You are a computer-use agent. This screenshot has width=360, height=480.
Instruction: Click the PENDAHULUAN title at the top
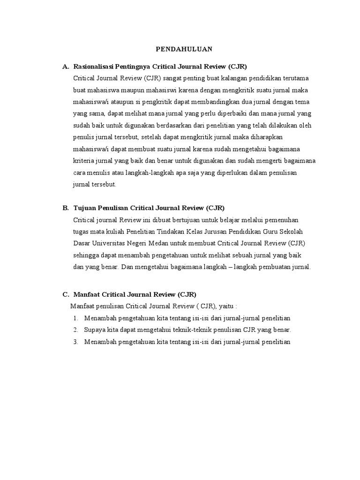click(x=184, y=48)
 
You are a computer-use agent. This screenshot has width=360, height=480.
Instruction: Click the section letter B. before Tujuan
click(x=66, y=208)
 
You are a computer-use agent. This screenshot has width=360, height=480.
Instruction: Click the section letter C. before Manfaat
click(x=66, y=294)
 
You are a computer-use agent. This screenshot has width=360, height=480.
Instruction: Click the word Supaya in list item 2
click(x=94, y=330)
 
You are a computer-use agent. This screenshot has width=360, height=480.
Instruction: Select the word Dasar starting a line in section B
click(x=81, y=244)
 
